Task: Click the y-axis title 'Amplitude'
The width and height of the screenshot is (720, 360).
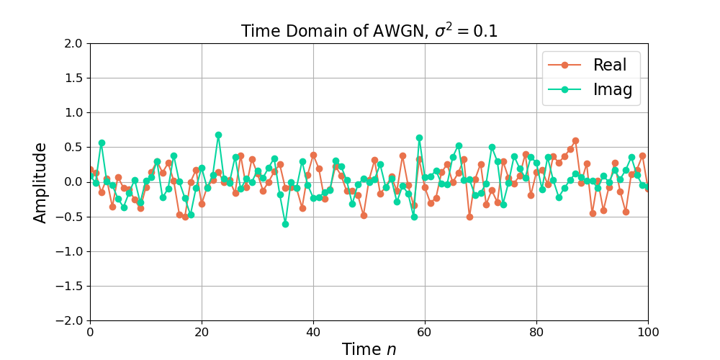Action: [x=41, y=182]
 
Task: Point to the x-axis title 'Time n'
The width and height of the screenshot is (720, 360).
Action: [x=369, y=349]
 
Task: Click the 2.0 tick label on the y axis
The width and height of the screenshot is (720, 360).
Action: [x=72, y=43]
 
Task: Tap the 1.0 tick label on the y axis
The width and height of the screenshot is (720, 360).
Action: [x=72, y=112]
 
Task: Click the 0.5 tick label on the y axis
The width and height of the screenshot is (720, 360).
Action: [x=72, y=147]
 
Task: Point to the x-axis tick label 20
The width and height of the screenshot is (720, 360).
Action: [x=202, y=333]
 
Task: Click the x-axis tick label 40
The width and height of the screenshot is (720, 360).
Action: [x=313, y=333]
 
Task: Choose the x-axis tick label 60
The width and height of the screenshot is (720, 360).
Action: [x=425, y=333]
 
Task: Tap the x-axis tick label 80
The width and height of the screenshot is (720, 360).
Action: [x=536, y=333]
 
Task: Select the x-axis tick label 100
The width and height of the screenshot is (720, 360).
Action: [x=648, y=333]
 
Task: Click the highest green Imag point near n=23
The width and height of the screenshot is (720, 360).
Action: [x=218, y=135]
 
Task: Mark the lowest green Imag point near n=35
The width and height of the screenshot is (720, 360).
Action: [x=285, y=224]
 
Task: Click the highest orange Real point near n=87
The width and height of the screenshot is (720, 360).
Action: [x=575, y=140]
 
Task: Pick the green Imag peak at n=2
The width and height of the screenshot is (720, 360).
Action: [x=102, y=143]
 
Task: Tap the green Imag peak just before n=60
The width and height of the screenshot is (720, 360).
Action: [x=419, y=138]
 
